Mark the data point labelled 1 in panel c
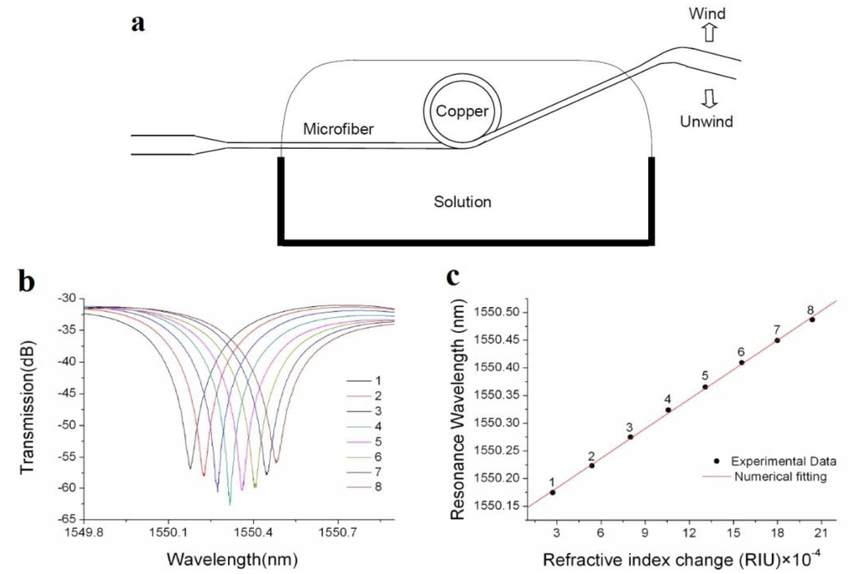(552, 492)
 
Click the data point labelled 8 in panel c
(811, 319)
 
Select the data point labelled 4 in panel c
(668, 409)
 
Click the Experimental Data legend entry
(760, 460)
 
